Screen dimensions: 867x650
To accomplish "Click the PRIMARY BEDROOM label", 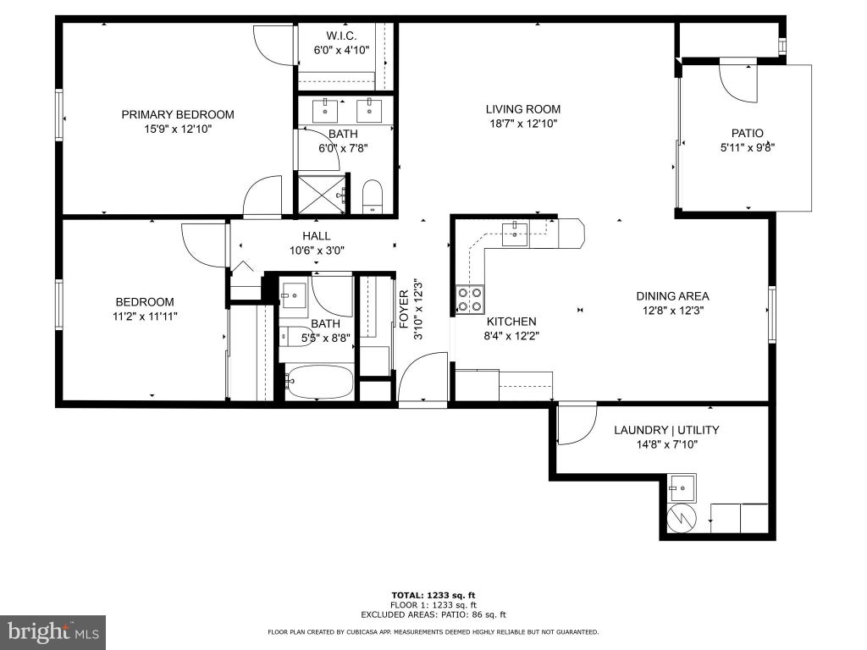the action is tap(178, 114).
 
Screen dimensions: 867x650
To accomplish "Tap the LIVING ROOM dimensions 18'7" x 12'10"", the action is tap(523, 124).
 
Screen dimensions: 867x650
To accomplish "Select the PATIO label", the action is tap(747, 133).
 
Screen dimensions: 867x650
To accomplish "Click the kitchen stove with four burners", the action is tap(469, 299).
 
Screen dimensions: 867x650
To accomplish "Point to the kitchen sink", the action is tap(515, 234).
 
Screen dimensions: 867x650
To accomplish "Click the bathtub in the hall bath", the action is tap(319, 382).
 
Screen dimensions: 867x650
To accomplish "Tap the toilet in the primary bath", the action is tap(373, 196).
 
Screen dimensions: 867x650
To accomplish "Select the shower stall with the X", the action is tap(321, 194).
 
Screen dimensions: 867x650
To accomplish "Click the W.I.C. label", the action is tap(341, 36).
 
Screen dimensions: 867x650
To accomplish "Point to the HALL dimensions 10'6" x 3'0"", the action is tap(317, 251).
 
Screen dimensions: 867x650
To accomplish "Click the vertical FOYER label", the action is tap(404, 309).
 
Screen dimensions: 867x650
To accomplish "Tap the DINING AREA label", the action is tap(672, 296).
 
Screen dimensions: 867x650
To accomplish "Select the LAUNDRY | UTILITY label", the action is tap(666, 430).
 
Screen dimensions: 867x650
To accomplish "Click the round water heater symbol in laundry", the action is tap(682, 519).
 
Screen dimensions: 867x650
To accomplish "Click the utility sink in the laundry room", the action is tap(682, 488).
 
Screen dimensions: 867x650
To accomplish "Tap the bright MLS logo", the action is tap(53, 632).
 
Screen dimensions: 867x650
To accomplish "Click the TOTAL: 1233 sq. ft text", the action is tap(433, 595).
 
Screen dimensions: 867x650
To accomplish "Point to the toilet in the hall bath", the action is tap(295, 336).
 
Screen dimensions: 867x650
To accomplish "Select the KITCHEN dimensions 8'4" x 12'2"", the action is tap(511, 335).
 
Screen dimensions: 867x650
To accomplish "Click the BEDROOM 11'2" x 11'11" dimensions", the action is tap(145, 317).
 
